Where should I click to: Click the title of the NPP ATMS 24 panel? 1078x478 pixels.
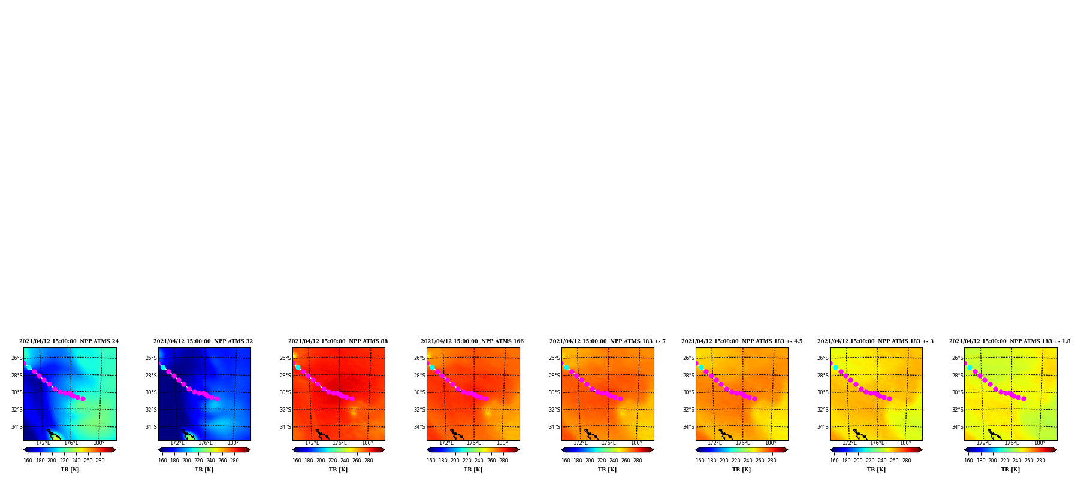(69, 341)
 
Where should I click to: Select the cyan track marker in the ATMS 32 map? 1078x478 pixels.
(163, 367)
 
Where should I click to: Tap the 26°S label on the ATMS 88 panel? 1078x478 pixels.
(285, 358)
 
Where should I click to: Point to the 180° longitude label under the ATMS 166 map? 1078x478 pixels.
(502, 443)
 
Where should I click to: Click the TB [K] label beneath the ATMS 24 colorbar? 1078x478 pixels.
(70, 470)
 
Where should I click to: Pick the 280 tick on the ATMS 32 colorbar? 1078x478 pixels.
(234, 461)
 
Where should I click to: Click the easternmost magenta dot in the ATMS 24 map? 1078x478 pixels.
(83, 398)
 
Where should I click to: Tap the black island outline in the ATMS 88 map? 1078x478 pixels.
(322, 434)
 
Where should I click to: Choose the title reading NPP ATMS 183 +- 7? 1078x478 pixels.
(608, 341)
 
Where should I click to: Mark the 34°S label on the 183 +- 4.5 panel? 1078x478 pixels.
(689, 427)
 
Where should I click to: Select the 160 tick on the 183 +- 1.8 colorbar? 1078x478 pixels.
(968, 461)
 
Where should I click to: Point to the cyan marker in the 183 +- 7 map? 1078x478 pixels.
(566, 367)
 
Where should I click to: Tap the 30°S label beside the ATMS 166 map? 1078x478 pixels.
(419, 392)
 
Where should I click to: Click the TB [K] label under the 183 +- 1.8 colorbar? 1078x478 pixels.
(1010, 470)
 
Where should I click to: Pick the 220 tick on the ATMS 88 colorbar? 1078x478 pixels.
(333, 461)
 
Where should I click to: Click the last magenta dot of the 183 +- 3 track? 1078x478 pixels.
(889, 398)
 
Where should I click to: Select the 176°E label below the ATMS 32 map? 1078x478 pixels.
(206, 443)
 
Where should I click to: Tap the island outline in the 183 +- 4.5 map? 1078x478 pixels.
(726, 434)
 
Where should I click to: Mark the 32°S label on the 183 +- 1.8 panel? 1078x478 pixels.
(958, 410)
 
